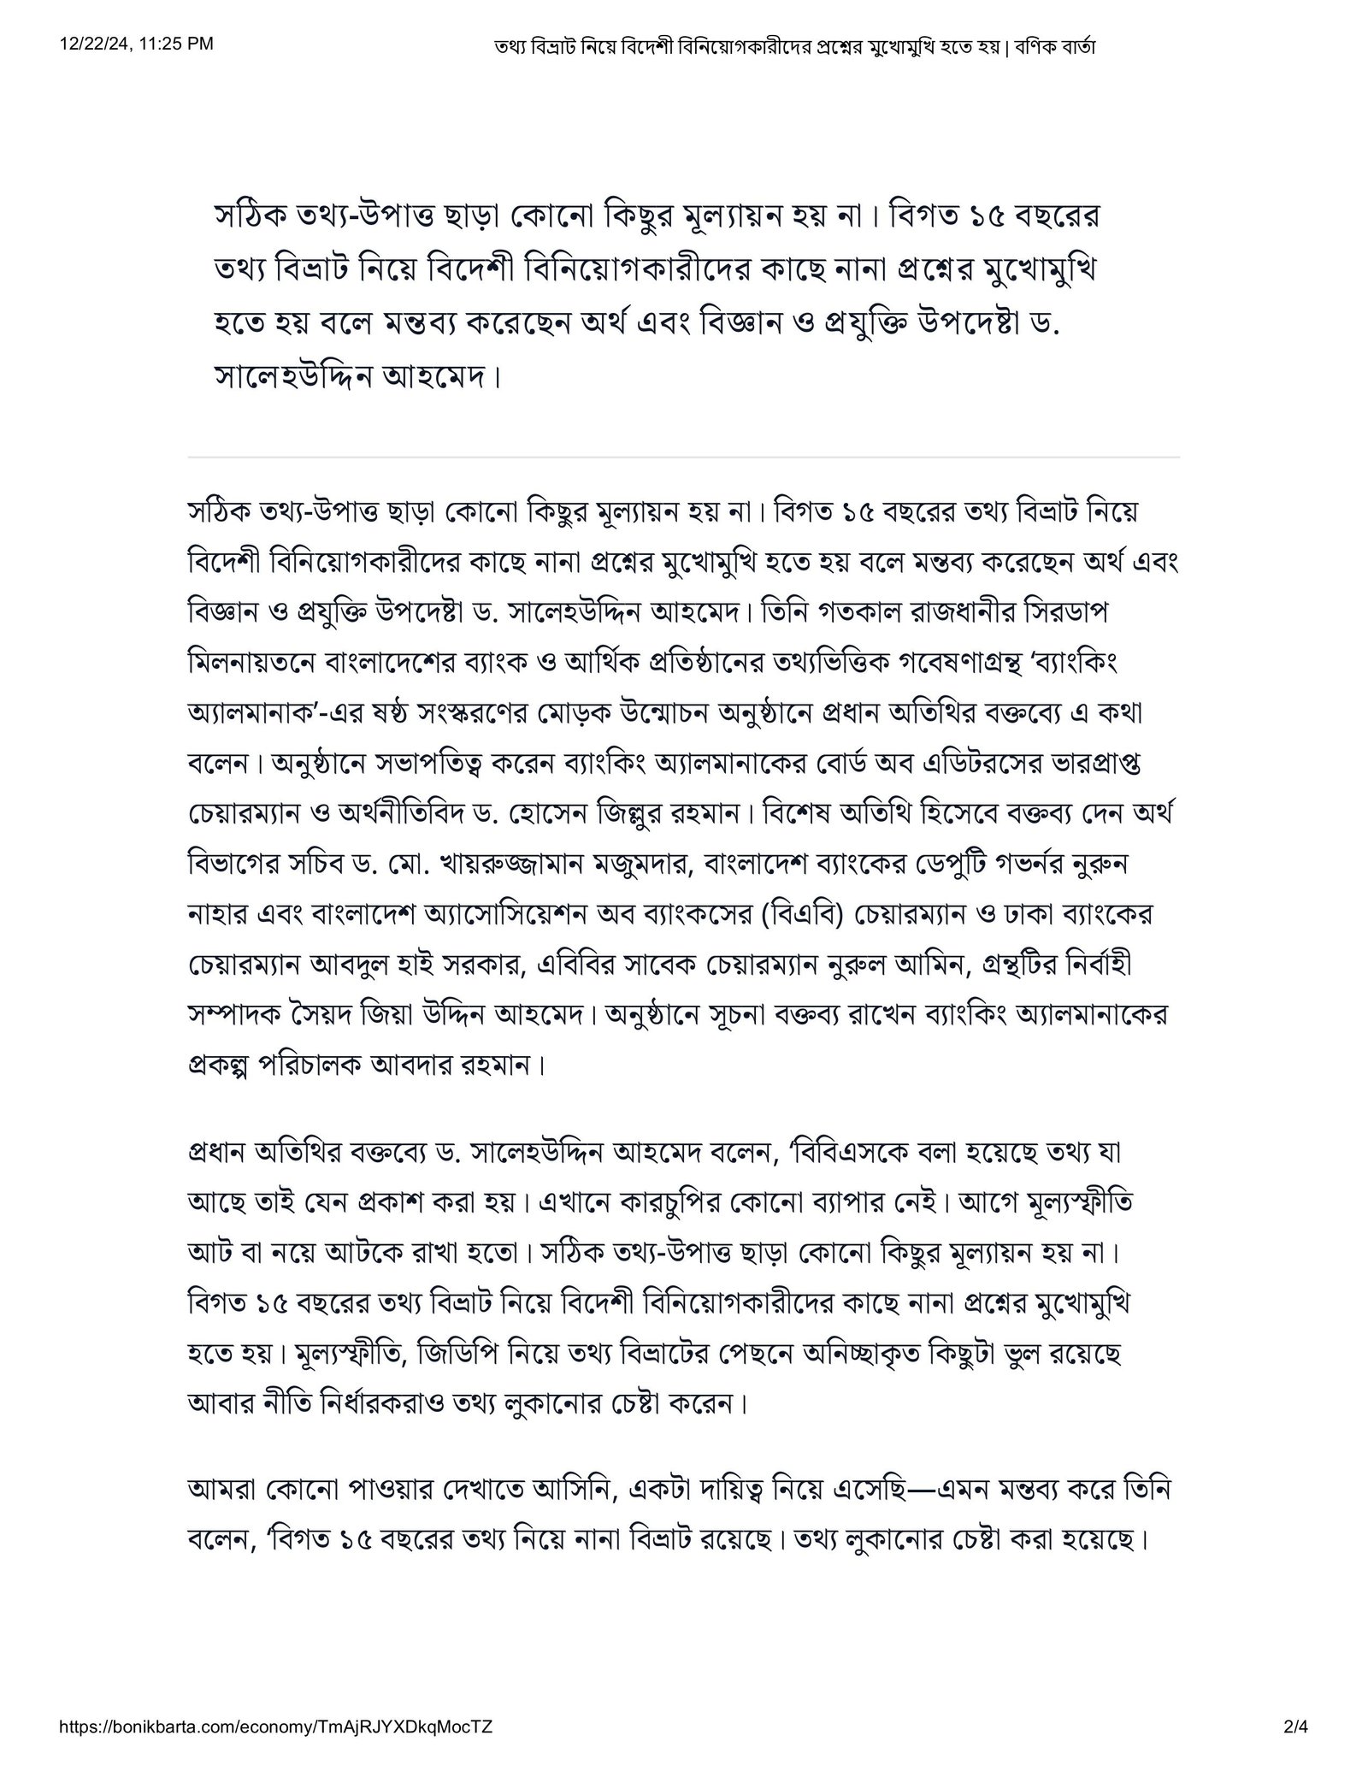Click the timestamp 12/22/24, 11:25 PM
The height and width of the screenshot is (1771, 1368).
[137, 44]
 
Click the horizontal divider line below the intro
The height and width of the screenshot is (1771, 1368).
[683, 458]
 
